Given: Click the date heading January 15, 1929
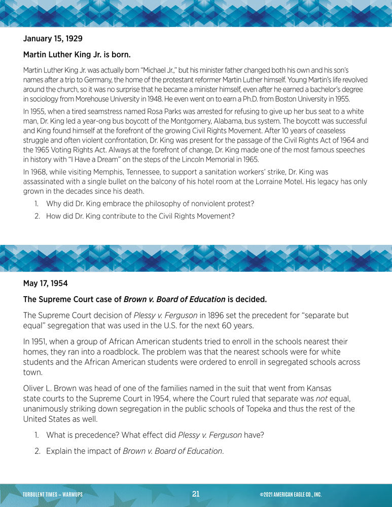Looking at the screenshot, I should pyautogui.click(x=53, y=39).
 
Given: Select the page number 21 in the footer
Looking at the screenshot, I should pyautogui.click(x=196, y=494).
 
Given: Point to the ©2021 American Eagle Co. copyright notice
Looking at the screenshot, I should pyautogui.click(x=290, y=495).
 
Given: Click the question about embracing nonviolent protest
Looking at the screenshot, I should pyautogui.click(x=150, y=203).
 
